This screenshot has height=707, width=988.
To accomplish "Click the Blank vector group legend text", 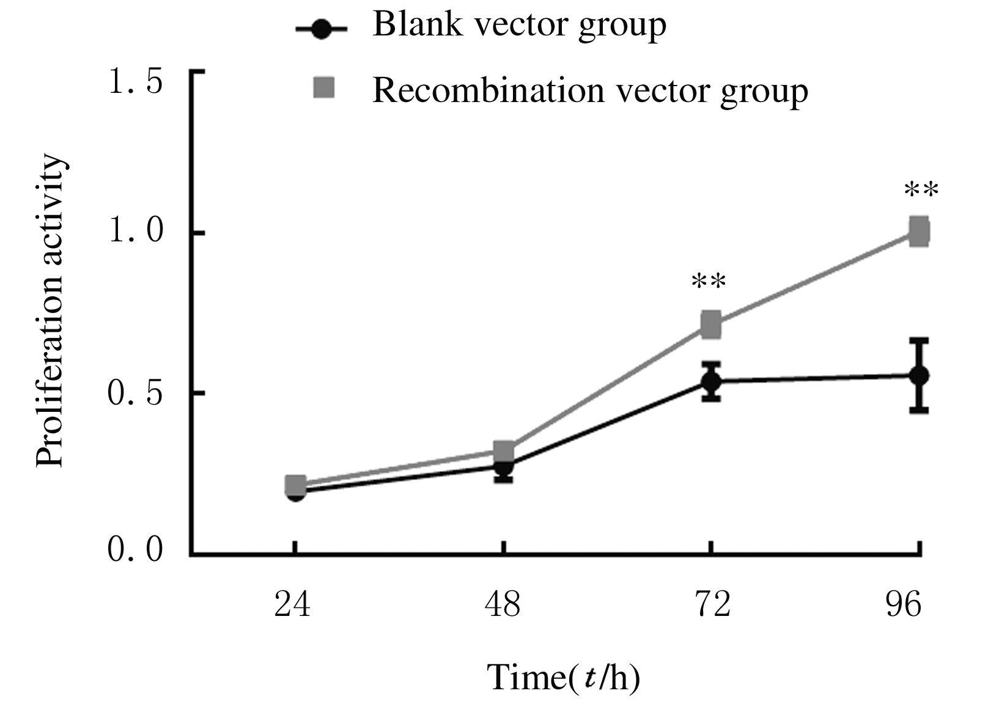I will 519,26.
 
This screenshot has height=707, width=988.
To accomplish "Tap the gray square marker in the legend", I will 323,87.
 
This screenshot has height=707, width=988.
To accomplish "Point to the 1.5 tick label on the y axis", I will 135,82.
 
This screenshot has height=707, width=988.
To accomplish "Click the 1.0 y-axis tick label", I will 135,233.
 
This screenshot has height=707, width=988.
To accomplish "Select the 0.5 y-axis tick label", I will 135,394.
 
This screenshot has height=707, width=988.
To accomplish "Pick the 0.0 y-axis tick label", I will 135,549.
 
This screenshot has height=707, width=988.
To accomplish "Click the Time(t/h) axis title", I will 563,677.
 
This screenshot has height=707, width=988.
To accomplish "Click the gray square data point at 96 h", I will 919,232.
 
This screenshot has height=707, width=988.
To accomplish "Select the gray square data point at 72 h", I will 710,324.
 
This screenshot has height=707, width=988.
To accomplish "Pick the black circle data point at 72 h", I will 710,381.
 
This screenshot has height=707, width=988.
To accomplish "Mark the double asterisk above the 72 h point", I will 709,282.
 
